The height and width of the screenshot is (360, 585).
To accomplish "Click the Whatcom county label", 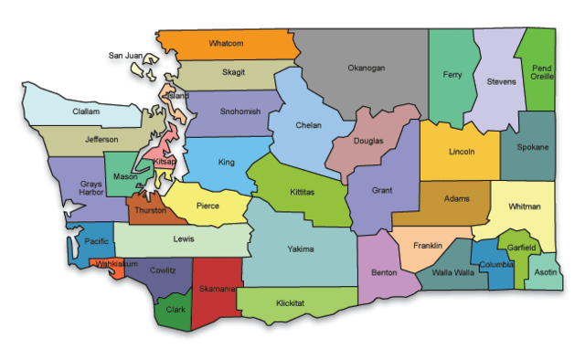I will pos(226,43).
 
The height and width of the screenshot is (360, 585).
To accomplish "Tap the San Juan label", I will pos(126,56).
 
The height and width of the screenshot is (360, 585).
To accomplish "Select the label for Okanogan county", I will pos(366,68).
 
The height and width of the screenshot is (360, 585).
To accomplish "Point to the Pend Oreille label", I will pos(542,72).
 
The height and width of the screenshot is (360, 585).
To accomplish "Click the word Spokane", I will pos(533,147).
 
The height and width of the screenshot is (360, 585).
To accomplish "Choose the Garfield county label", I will pos(521,247).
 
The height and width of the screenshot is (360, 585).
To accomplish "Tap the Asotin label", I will pos(546,273).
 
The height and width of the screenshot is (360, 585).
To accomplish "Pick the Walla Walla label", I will pos(453,271).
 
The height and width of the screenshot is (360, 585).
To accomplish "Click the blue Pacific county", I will pos(96,242).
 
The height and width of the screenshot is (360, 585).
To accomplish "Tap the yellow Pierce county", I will pos(207,206).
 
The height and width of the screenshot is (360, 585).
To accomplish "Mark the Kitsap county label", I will pos(165,162).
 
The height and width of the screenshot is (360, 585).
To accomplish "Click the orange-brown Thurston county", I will pos(149,210).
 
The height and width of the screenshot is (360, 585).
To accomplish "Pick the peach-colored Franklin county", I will pos(427,246).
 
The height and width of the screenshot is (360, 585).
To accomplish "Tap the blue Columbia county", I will pos(496,265).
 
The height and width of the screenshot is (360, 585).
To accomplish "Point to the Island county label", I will pos(179,95).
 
